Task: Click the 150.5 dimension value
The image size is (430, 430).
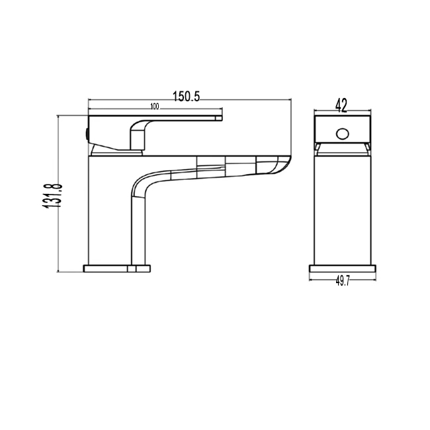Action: pos(187,96)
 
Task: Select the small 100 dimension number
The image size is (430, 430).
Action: pos(155,106)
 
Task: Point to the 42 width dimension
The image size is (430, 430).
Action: pos(342,105)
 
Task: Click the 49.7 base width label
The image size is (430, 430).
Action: pos(343,281)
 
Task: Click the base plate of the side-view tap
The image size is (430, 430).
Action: pos(117,269)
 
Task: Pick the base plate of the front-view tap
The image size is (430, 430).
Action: pos(343,269)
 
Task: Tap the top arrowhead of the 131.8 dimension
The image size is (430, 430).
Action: pos(60,117)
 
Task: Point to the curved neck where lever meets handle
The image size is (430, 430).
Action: pos(138,132)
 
